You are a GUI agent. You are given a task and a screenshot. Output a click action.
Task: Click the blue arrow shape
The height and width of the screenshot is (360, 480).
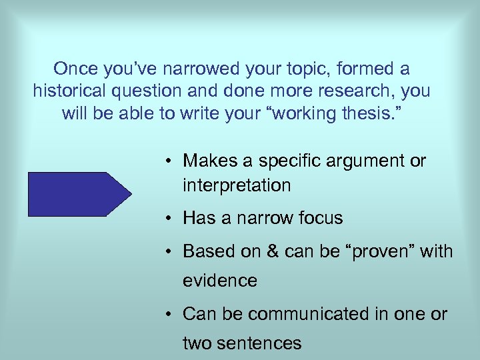tap(79, 194)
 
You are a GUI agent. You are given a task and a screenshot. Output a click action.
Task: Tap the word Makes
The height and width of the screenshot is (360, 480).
tap(207, 161)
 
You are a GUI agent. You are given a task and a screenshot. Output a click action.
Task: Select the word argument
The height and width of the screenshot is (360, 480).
tap(361, 161)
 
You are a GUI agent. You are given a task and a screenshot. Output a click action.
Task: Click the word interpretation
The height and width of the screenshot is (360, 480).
tap(237, 185)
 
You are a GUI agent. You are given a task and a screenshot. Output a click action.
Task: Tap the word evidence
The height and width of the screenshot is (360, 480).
tap(220, 281)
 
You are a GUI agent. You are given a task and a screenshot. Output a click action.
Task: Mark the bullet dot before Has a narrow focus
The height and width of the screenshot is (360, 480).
tap(171, 219)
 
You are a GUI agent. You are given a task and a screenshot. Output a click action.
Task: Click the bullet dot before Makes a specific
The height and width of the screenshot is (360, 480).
tap(171, 162)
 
